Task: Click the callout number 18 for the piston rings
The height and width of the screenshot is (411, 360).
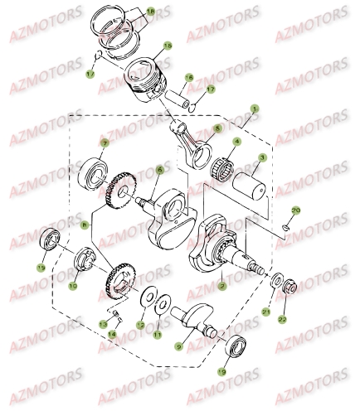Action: (150, 12)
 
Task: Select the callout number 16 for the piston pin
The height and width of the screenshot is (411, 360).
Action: (189, 78)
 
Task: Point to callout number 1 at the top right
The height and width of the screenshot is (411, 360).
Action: (255, 107)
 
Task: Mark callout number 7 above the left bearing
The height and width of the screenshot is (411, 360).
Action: (105, 143)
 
